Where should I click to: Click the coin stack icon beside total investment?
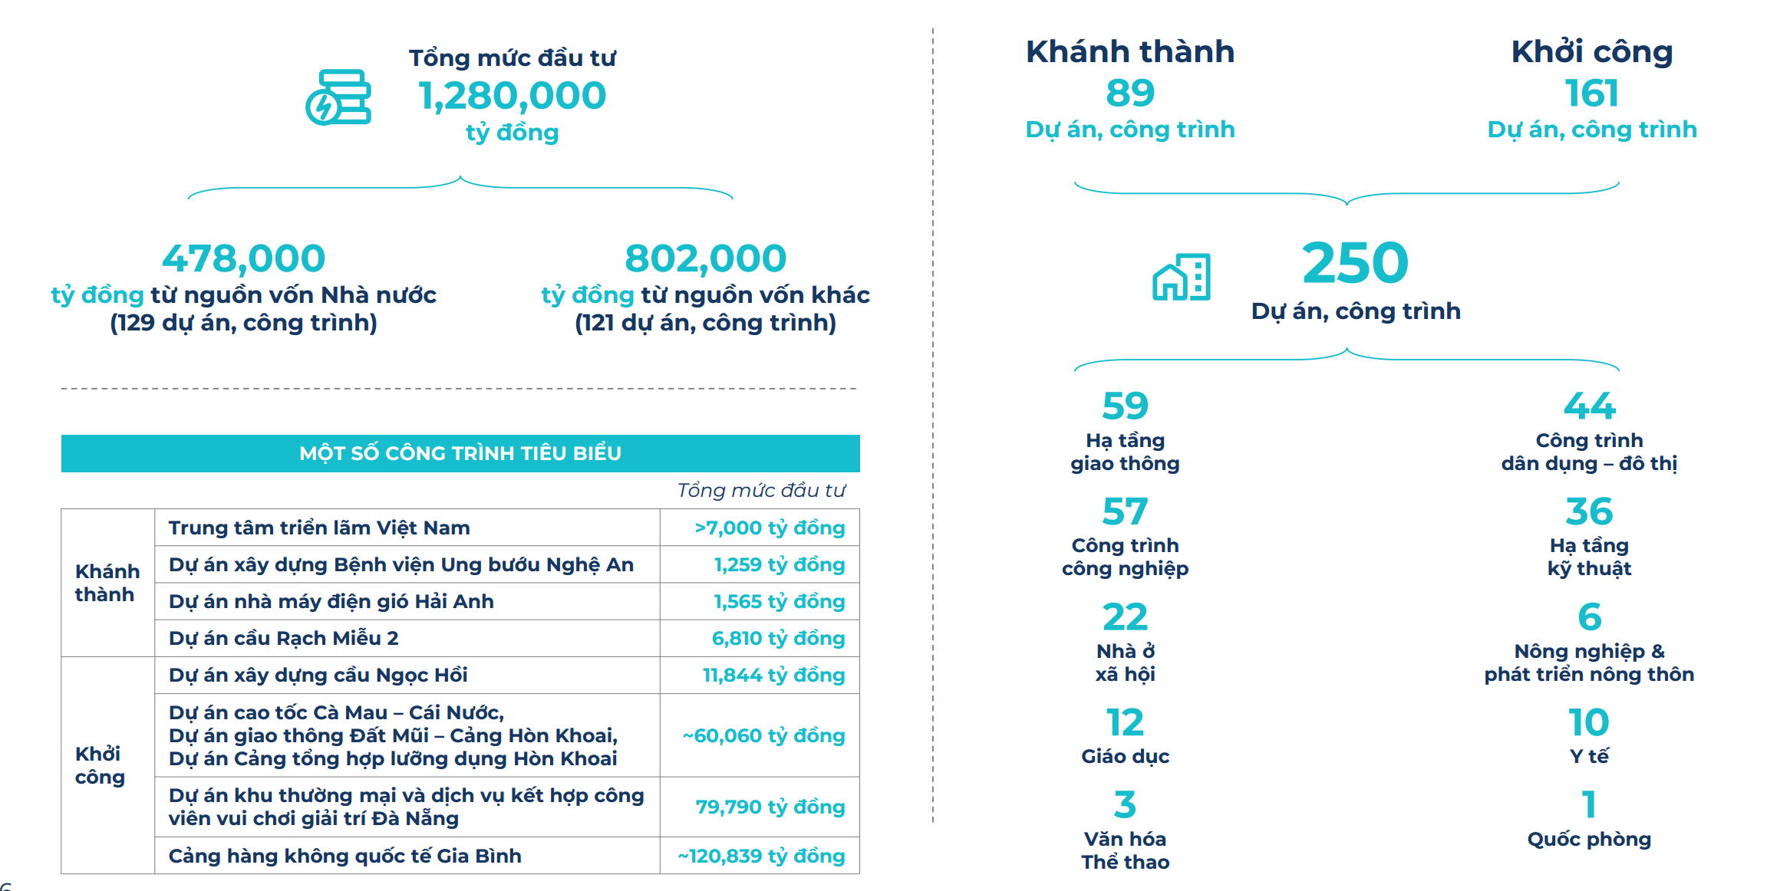(x=338, y=97)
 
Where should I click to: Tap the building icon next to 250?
(x=1181, y=277)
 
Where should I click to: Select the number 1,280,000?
(x=512, y=96)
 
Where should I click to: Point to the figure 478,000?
(x=243, y=258)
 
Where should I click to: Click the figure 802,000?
(x=705, y=258)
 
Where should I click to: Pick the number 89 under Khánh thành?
(x=1129, y=94)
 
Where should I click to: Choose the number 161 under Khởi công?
(x=1591, y=94)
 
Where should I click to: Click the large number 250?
(x=1355, y=263)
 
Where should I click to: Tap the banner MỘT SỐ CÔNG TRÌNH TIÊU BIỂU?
(x=460, y=453)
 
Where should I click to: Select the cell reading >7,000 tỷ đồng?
(x=769, y=528)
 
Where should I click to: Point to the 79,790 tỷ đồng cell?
(x=770, y=807)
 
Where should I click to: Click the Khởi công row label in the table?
(x=100, y=765)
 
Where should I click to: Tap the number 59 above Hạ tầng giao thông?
(x=1125, y=406)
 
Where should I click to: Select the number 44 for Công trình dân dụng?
(x=1589, y=406)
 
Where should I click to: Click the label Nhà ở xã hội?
(x=1125, y=662)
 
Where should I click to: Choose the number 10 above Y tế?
(x=1588, y=722)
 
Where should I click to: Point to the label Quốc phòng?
(x=1588, y=839)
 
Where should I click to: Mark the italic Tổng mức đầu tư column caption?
(x=760, y=490)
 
